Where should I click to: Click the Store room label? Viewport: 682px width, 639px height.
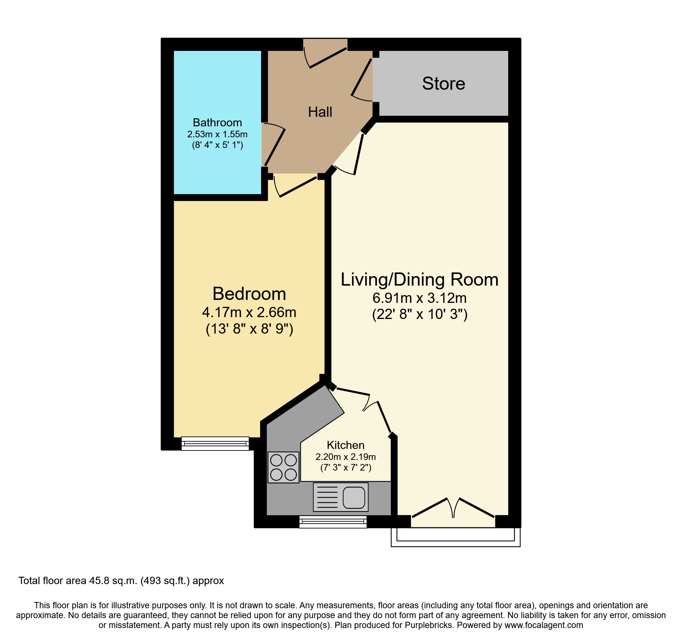point(443,83)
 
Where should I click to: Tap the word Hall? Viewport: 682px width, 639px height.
point(320,112)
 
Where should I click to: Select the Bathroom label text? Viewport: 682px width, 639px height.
point(217,122)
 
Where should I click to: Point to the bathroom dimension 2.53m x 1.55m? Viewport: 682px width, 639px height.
point(217,134)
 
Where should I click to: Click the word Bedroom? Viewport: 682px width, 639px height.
point(249,294)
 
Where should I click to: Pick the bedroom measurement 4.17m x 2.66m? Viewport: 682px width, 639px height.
point(249,312)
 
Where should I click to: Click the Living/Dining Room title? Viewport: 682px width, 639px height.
point(419,279)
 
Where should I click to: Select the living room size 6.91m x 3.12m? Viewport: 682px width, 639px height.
point(419,298)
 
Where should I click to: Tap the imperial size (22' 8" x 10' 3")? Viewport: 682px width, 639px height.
point(419,314)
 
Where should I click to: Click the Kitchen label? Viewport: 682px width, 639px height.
point(345,445)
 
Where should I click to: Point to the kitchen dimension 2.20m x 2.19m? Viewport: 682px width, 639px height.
point(345,457)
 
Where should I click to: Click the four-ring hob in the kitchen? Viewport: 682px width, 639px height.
point(283,467)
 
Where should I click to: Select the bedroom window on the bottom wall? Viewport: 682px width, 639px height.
point(215,443)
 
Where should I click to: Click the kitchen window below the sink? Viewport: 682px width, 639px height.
point(333,522)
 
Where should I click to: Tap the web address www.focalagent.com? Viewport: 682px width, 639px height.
point(543,625)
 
